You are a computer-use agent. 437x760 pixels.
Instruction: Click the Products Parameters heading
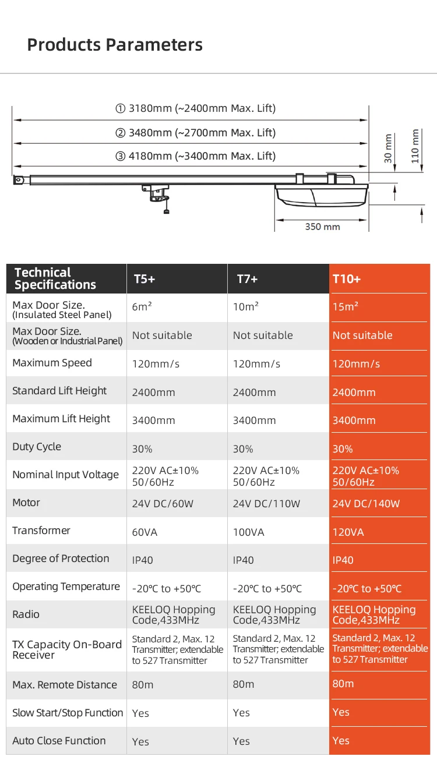click(115, 45)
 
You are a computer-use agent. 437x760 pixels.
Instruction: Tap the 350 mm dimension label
click(322, 227)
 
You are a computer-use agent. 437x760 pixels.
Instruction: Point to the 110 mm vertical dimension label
click(415, 146)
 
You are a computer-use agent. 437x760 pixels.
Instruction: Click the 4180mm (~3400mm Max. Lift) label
click(195, 156)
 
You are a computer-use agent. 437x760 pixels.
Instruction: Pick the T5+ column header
click(145, 279)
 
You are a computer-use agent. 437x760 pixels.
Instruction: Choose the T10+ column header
click(347, 279)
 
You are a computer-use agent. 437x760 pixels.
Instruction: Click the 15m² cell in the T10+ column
click(346, 307)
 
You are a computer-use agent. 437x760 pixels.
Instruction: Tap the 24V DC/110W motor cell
click(266, 504)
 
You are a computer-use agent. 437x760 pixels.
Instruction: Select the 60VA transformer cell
click(145, 532)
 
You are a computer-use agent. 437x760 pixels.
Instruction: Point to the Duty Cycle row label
click(37, 447)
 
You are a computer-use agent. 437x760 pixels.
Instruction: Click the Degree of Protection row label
click(61, 559)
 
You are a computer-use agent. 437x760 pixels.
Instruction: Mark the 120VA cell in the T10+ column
click(348, 532)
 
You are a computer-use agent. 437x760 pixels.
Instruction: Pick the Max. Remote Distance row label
click(65, 685)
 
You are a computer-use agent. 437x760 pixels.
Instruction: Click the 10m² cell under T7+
click(246, 307)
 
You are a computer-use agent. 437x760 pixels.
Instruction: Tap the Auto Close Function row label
click(59, 741)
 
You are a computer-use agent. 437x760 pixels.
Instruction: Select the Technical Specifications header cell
click(55, 279)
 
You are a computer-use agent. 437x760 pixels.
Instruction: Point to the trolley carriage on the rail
click(156, 192)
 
